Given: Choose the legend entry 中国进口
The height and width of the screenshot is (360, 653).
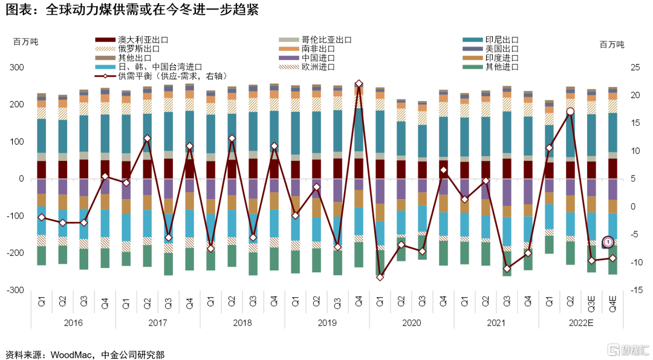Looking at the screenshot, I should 318,58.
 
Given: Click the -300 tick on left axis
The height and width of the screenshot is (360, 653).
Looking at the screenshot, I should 15,290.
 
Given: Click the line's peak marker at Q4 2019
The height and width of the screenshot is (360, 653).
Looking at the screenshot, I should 359,83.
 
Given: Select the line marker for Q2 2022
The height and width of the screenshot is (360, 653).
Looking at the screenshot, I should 570,111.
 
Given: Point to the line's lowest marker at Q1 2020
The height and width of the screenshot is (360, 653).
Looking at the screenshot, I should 380,277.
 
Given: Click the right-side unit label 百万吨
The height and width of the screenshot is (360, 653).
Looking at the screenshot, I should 612,44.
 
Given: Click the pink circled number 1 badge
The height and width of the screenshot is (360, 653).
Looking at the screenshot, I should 608,242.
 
